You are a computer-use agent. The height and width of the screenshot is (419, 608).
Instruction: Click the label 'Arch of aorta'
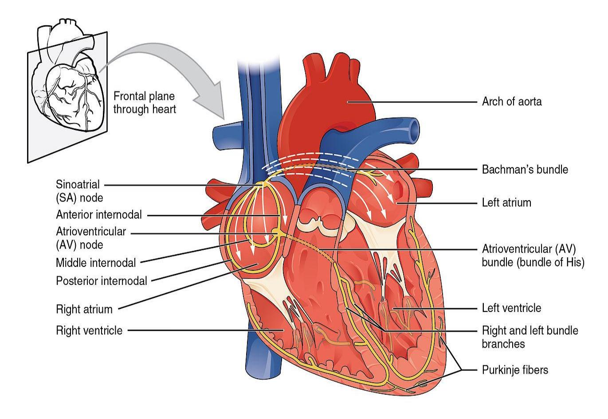point(512,102)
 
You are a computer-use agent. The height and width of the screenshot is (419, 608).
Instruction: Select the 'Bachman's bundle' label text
point(525,170)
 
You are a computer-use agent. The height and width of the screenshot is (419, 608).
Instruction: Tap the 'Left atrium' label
point(506,203)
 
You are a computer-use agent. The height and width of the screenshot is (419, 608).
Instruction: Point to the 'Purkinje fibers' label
point(515,370)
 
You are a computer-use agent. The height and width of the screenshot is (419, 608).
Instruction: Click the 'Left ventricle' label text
point(511,308)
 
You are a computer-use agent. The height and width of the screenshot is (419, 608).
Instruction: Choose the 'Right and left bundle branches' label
point(530,337)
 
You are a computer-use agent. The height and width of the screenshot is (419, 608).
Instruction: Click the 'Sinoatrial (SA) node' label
point(79,191)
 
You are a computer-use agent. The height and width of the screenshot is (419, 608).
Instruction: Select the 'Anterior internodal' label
point(99,215)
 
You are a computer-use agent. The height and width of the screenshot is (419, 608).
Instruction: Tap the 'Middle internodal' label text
point(96,263)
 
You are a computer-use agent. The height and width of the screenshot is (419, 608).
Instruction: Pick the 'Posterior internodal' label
point(101,281)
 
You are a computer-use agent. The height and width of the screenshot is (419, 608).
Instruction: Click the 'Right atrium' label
point(84,309)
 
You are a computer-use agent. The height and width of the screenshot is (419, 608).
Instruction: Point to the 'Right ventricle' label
point(89,331)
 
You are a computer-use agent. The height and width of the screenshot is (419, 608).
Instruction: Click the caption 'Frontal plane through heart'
point(145,103)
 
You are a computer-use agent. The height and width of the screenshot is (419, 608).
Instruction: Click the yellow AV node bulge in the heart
point(276,231)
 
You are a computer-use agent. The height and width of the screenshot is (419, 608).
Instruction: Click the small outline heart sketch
point(68,76)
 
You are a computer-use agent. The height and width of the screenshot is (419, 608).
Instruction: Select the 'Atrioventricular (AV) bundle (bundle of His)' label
point(533,256)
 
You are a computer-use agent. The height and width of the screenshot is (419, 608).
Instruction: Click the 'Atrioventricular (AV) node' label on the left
point(91,238)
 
